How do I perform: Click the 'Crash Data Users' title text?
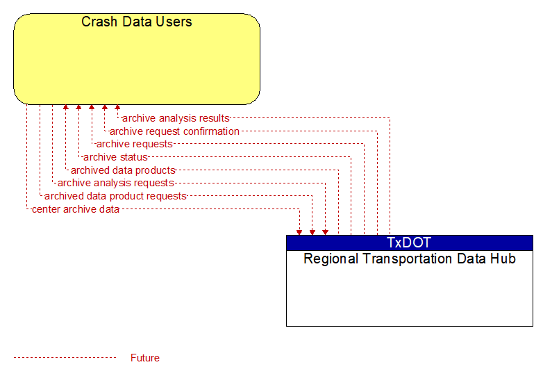coord(136,22)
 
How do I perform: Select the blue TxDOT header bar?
coord(409,243)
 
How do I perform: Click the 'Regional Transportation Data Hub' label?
coord(409,259)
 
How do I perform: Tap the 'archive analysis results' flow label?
coord(176,118)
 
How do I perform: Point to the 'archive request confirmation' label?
coord(174,131)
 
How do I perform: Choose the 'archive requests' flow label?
coord(135,144)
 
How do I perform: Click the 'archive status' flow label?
coord(115,157)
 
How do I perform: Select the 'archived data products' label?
coord(123,170)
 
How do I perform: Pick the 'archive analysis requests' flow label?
coord(116,183)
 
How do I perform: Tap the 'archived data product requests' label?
coord(115,196)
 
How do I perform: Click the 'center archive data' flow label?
coord(76,209)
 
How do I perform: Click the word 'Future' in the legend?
coord(144,358)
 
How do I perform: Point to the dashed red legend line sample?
coord(65,358)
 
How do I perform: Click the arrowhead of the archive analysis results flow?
coord(117,107)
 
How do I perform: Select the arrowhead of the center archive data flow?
coord(299,233)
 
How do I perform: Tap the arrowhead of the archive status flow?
coord(78,107)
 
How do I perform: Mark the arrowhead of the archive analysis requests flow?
coord(325,233)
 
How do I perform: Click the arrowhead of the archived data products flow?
coord(66,107)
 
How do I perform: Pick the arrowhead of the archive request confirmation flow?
coord(105,107)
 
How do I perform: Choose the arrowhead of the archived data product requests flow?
coord(312,233)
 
